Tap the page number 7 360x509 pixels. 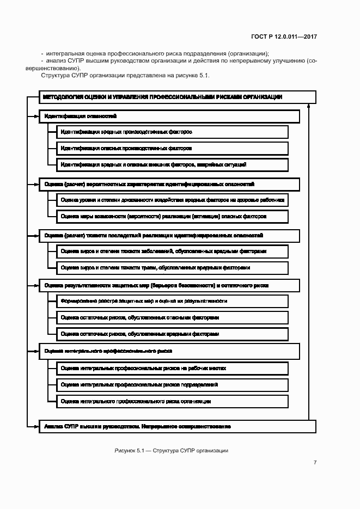(315, 463)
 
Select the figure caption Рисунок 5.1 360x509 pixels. (171, 451)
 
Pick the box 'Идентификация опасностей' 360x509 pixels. (169, 116)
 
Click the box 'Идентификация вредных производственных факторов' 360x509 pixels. (172, 132)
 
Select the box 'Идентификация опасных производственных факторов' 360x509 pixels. (172, 148)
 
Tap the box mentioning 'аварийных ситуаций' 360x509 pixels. (172, 164)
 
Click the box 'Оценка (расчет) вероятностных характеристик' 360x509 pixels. (169, 185)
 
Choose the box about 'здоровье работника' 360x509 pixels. (172, 200)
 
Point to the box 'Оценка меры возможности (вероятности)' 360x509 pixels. (172, 216)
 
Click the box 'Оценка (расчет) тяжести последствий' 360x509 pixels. (169, 236)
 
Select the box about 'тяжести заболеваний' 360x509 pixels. (172, 252)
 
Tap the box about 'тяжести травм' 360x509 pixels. (172, 267)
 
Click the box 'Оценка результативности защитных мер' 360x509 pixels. (169, 285)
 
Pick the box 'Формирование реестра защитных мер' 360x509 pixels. (172, 301)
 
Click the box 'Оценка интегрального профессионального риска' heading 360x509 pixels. (169, 351)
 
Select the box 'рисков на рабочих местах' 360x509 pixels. (172, 369)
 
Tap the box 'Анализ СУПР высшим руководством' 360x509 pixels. (169, 426)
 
